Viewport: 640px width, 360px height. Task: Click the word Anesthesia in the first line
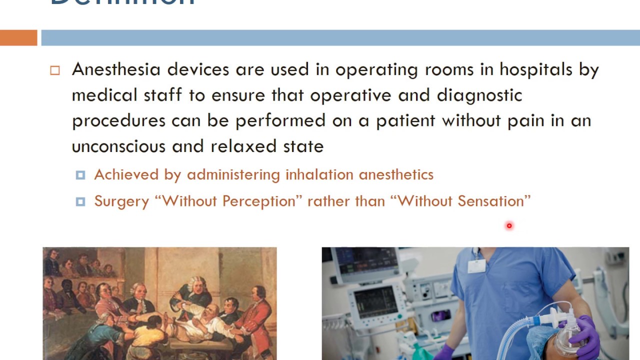coord(116,69)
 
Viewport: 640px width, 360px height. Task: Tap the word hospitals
coord(536,69)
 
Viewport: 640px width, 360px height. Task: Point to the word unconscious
coord(118,146)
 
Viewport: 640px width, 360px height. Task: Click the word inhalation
coord(319,174)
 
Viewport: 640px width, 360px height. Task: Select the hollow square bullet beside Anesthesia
coord(55,70)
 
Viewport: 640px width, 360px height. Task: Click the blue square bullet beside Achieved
coord(80,175)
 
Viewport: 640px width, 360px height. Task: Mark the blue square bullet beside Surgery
coord(80,201)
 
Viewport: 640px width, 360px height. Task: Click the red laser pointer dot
coord(509,226)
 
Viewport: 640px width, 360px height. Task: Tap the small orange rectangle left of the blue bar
coord(18,38)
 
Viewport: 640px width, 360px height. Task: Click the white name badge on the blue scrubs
coord(476,265)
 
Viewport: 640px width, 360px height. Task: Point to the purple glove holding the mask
coord(585,335)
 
